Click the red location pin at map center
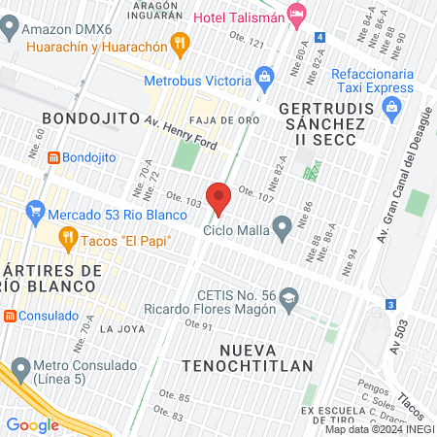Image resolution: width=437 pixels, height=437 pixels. [218, 197]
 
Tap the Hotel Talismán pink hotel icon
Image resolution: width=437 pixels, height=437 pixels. [297, 14]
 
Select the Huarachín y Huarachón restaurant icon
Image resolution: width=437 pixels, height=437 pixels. [178, 43]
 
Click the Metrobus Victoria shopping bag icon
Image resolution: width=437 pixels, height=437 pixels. [263, 76]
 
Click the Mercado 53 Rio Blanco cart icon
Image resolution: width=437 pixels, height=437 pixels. [36, 209]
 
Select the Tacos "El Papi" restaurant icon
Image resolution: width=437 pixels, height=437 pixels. [67, 235]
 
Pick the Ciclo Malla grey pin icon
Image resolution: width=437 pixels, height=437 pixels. [282, 229]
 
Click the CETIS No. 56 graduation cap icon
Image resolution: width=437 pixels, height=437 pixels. [288, 301]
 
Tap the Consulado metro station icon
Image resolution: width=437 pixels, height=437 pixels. [9, 316]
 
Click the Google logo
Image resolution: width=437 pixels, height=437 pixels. [32, 424]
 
